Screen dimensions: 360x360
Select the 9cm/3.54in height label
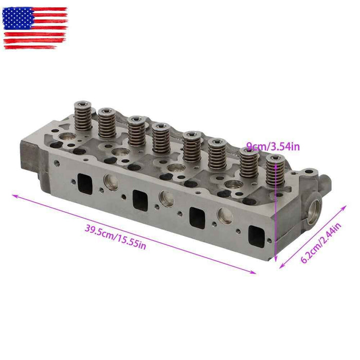[273, 148]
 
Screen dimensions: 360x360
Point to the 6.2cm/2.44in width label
[321, 244]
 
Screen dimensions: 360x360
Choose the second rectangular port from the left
[139, 198]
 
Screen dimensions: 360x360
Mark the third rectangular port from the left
[197, 217]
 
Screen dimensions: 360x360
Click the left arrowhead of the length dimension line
[14, 195]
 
